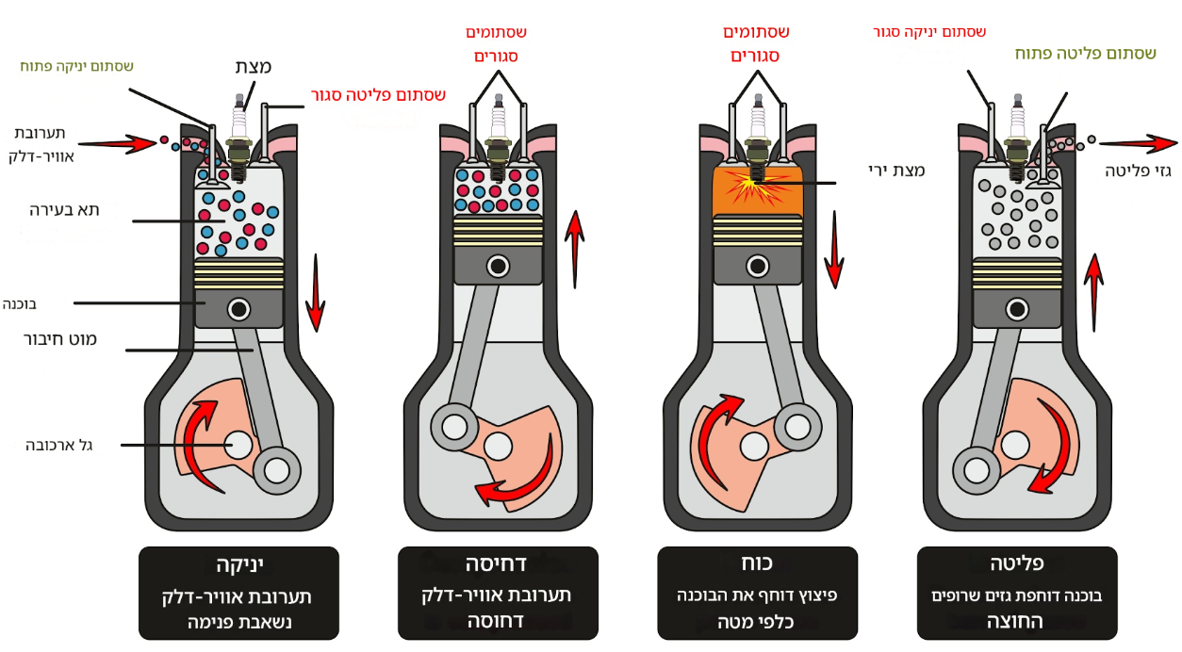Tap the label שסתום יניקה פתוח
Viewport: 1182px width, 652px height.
point(76,66)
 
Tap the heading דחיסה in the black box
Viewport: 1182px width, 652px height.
point(498,565)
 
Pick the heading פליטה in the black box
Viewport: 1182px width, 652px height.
point(1016,565)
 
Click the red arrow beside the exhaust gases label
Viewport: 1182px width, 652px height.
point(1138,143)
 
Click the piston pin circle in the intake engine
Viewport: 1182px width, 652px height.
point(238,308)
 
